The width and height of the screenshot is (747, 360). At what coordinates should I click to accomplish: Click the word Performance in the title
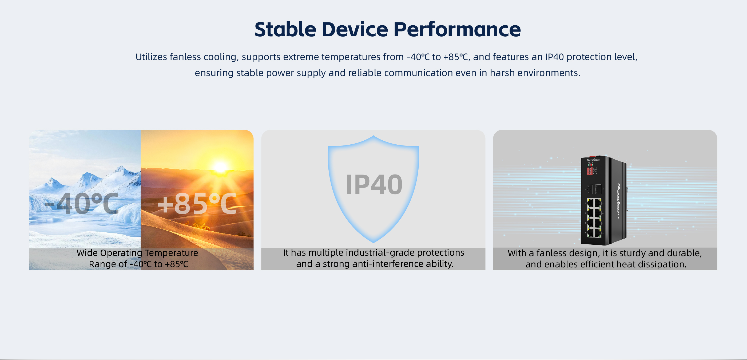point(457,29)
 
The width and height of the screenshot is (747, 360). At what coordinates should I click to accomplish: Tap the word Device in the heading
point(355,29)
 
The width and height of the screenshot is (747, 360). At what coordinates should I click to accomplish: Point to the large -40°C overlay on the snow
point(82,204)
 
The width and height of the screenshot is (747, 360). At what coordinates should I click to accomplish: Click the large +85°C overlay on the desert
point(197,204)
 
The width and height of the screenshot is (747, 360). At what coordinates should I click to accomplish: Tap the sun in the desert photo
point(220,167)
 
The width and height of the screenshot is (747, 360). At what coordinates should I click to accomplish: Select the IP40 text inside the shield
point(374,184)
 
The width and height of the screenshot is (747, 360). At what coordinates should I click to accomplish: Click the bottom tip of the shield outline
point(373,243)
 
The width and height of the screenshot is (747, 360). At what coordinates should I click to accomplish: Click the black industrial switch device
point(604,200)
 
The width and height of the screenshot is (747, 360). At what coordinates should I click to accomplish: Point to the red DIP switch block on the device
point(590,171)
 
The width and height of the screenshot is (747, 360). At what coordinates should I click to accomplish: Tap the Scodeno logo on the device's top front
point(593,160)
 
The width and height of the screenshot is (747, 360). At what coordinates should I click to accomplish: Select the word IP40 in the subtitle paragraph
point(554,57)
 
